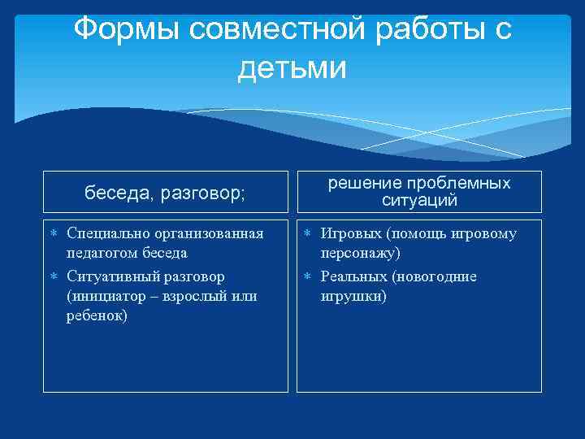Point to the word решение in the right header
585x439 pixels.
coord(364,184)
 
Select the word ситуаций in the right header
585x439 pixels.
coord(419,200)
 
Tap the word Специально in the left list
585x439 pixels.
coord(106,234)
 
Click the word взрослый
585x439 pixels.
coord(194,296)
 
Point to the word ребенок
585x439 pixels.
coord(96,315)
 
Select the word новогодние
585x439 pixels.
coord(436,276)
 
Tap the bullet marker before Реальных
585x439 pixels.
coord(308,276)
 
